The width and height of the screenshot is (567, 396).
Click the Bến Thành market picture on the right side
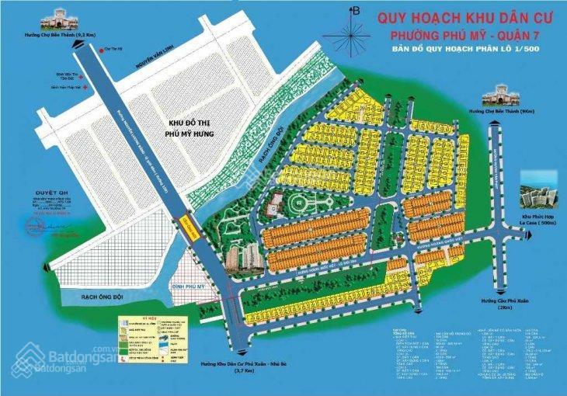click(x=499, y=94)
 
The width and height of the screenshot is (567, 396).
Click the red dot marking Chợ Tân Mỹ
click(x=103, y=50)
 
